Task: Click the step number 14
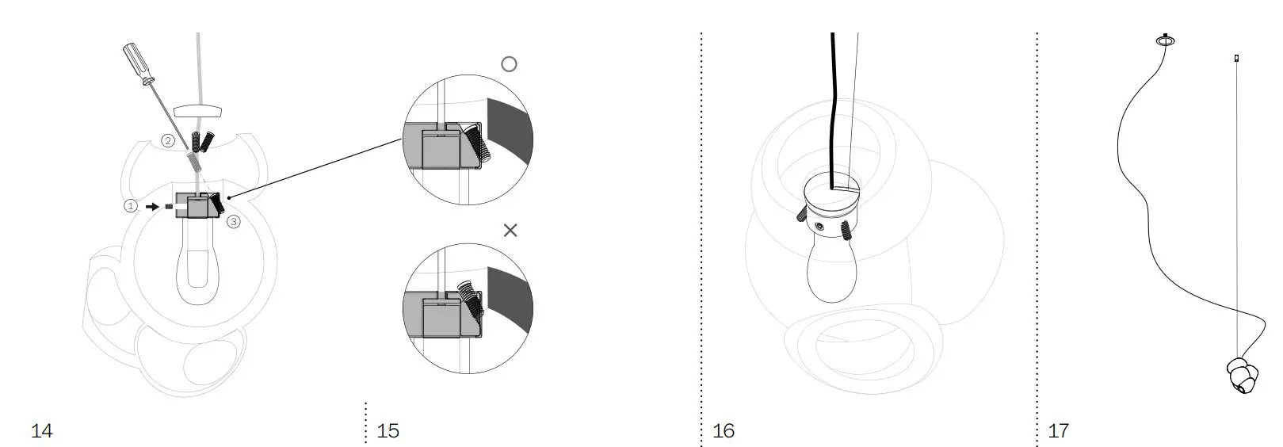(x=41, y=431)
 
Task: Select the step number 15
(x=388, y=431)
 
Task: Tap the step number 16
(x=724, y=431)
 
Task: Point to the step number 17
(x=1059, y=431)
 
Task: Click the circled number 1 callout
(x=131, y=206)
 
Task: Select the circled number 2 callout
(x=168, y=141)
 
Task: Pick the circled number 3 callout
(x=233, y=222)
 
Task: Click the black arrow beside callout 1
(x=151, y=206)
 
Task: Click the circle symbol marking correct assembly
(x=509, y=64)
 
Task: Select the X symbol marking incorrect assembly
(x=510, y=230)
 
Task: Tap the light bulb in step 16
(x=827, y=273)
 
